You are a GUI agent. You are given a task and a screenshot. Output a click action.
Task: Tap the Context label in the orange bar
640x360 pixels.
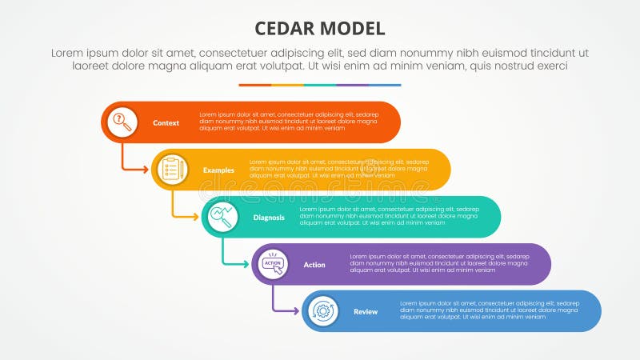coord(166,122)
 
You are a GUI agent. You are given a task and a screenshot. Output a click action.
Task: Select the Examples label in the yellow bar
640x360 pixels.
coord(218,170)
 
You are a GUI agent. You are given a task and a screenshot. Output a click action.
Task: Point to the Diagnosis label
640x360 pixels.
coord(269,217)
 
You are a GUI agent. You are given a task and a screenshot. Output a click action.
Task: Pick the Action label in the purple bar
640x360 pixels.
coord(314,264)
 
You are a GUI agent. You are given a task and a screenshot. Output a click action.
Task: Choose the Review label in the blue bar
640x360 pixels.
coord(366,311)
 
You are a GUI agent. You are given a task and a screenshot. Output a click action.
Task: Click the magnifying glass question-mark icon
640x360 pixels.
coord(122,122)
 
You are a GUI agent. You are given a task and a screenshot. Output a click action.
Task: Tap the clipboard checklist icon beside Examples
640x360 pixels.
coord(171,169)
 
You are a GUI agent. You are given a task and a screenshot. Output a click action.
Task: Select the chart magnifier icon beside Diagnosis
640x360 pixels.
coord(222,216)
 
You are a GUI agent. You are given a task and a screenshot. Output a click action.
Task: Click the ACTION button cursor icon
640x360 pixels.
coord(273,263)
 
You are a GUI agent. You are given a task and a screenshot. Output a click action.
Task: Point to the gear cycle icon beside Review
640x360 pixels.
coord(322,310)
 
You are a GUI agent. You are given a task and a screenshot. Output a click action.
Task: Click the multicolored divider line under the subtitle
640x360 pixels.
coord(320,85)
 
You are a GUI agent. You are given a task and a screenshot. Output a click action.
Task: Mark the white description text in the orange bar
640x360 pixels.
coord(289,122)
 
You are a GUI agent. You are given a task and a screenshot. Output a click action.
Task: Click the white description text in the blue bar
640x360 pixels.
coord(490,310)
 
